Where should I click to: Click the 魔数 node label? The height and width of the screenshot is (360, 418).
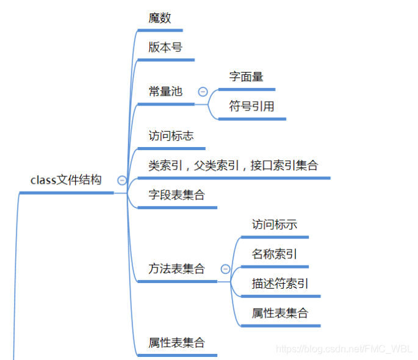tap(160, 18)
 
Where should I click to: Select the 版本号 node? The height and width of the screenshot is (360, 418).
tap(165, 47)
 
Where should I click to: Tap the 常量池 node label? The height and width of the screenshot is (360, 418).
tap(165, 92)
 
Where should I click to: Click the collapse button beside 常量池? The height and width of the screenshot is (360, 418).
tap(203, 92)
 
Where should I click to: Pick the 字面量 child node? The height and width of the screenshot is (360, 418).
tap(246, 77)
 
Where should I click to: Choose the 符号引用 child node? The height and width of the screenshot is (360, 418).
tap(251, 106)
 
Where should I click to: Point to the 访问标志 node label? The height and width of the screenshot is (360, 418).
tap(171, 135)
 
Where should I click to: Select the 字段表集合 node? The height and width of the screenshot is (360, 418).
tap(176, 195)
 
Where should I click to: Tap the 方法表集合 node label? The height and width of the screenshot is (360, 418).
tap(176, 268)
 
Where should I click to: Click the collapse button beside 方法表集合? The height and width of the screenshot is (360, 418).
tap(225, 269)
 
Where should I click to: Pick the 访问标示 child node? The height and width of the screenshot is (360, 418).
tap(274, 225)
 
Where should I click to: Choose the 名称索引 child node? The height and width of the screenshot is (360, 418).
tap(274, 254)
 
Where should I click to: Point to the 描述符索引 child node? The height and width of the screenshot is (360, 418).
tap(279, 284)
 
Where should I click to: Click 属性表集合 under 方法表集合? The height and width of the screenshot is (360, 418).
tap(279, 314)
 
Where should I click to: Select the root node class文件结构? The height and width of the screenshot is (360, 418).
tap(66, 180)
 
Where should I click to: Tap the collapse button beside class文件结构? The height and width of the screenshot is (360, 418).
tap(122, 181)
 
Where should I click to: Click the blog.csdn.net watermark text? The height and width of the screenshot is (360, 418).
tap(344, 349)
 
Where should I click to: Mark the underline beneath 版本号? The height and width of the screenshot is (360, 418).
tap(166, 60)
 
